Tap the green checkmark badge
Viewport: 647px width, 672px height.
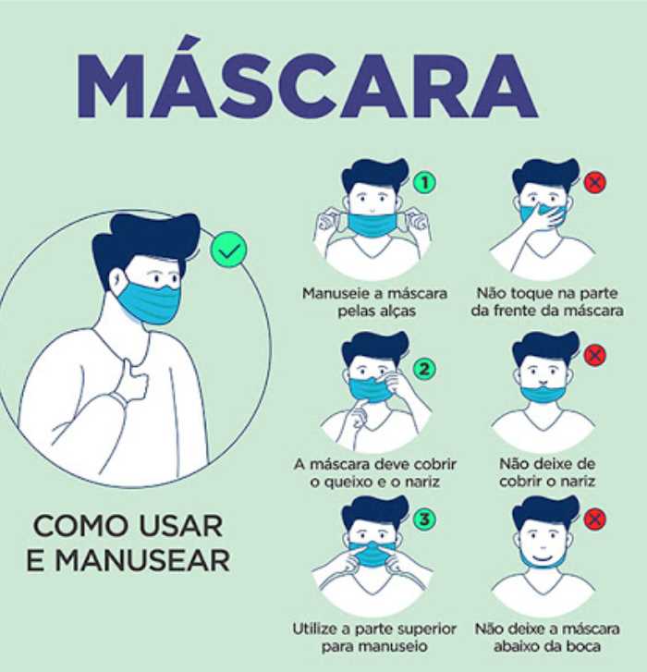click(229, 250)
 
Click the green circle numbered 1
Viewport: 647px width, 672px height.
click(424, 183)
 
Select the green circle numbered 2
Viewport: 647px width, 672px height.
click(423, 369)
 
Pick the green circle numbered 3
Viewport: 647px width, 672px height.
click(424, 519)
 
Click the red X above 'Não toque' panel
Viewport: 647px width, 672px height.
click(594, 183)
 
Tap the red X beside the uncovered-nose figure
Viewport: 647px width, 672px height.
click(595, 354)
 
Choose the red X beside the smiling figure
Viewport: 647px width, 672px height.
click(595, 519)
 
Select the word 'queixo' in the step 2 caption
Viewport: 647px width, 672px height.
click(351, 483)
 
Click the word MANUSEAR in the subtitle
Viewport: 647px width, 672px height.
click(142, 560)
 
